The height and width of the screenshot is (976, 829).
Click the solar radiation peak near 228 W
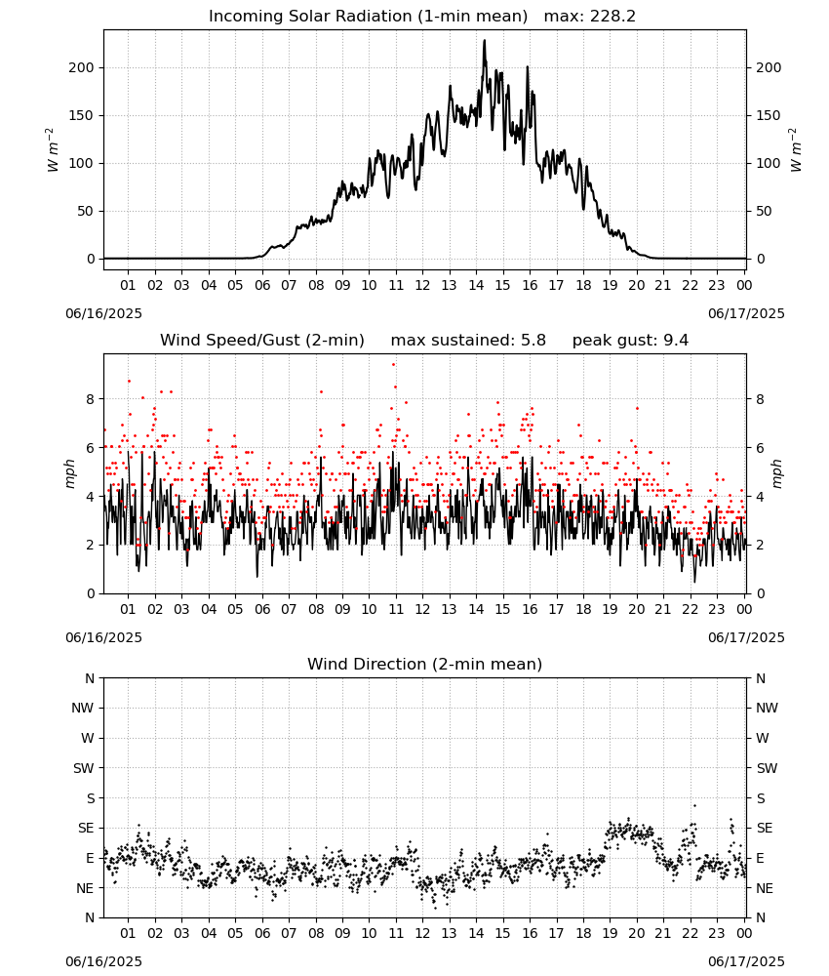tap(485, 41)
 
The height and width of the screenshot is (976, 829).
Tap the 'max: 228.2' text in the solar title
tap(590, 17)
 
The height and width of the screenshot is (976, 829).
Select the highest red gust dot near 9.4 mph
tap(393, 365)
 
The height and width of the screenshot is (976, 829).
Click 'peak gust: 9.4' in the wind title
tap(630, 341)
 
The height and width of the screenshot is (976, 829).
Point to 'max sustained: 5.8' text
tap(468, 341)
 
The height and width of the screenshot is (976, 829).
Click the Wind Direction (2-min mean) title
tap(425, 664)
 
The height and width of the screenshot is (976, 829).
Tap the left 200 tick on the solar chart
tap(82, 68)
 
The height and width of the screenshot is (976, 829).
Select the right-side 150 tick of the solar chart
tap(769, 116)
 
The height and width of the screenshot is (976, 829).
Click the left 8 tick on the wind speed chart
tap(91, 399)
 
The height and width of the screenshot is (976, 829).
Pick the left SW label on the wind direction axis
tap(84, 768)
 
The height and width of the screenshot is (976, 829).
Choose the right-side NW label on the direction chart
tap(767, 708)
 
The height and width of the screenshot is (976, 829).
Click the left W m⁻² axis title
tap(53, 149)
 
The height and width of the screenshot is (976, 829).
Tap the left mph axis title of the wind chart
tap(69, 473)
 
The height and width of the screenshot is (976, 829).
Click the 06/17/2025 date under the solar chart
tap(746, 313)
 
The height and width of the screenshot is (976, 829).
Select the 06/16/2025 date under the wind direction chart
tap(103, 961)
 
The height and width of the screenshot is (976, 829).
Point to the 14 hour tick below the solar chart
tap(476, 285)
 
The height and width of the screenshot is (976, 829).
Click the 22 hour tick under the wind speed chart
tap(690, 609)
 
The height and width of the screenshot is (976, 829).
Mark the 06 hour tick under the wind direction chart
tap(262, 933)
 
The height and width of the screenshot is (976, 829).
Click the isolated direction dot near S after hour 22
tap(694, 805)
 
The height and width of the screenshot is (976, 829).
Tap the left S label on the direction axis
tap(90, 798)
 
